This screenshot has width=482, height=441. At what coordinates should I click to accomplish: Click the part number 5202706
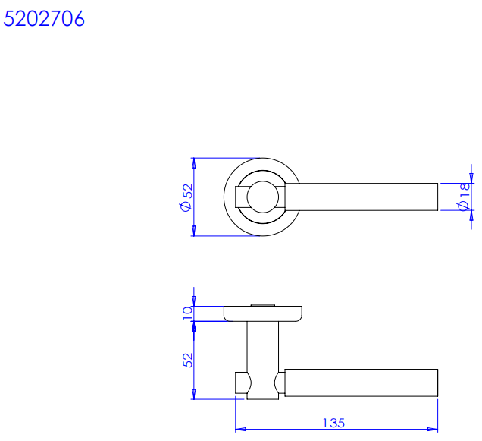coord(44,18)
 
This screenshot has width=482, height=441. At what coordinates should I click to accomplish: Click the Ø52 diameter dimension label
coord(186,197)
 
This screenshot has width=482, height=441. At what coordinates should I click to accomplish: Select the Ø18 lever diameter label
coord(464,197)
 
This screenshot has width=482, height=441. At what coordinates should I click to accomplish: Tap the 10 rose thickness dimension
coord(187,313)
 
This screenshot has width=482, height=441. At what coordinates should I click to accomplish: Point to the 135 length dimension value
coord(333,423)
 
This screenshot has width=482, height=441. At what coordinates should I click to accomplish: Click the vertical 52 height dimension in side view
coord(187,360)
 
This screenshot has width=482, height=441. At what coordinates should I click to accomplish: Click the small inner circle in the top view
coord(262,197)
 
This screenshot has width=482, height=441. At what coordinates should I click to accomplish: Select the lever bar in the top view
coord(361,197)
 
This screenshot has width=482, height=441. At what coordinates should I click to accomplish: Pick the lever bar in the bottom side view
coord(361,383)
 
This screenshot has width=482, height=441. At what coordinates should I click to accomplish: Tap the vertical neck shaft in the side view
coord(262,361)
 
